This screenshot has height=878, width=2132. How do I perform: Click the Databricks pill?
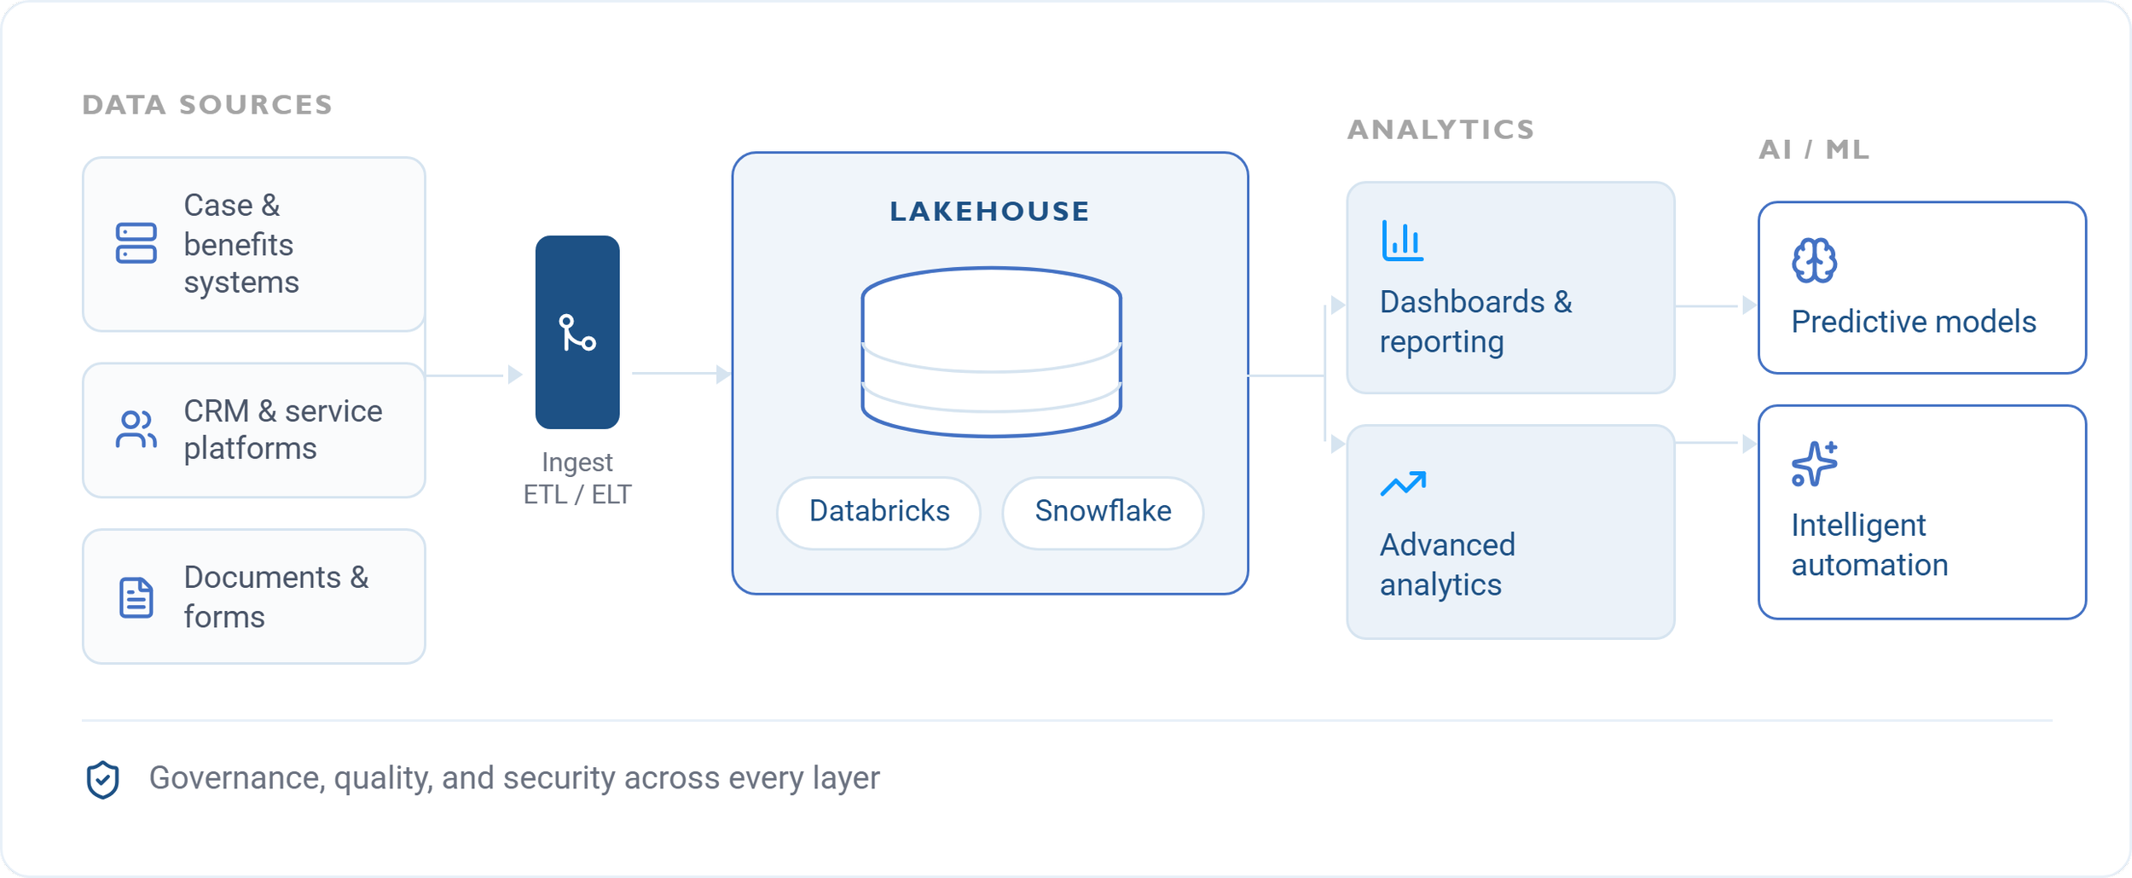coord(878,513)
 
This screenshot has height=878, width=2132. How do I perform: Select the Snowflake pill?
coord(1103,513)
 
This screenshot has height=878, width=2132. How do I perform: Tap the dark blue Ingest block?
coord(577,332)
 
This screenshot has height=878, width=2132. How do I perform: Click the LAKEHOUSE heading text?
coord(989,212)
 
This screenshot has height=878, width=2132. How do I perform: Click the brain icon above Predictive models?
coord(1814,260)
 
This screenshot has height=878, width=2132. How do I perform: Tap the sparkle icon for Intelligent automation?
coord(1814,464)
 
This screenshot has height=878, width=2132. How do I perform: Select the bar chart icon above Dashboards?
coord(1402,241)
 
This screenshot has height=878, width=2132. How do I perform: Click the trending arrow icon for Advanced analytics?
coord(1403,484)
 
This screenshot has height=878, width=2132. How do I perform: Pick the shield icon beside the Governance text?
coord(102,780)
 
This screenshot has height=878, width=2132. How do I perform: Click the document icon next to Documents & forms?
coord(136,597)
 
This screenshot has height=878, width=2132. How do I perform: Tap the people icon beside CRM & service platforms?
coord(136,429)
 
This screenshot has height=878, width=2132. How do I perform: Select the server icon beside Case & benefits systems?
coord(136,243)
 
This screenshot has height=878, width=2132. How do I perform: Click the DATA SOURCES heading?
coord(207,105)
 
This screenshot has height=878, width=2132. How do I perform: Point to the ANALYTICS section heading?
coord(1441,130)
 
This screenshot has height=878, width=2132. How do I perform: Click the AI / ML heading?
coord(1814,150)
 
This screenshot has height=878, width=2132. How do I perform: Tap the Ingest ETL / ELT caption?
coord(577,479)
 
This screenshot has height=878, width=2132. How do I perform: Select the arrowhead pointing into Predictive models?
coord(1749,305)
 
